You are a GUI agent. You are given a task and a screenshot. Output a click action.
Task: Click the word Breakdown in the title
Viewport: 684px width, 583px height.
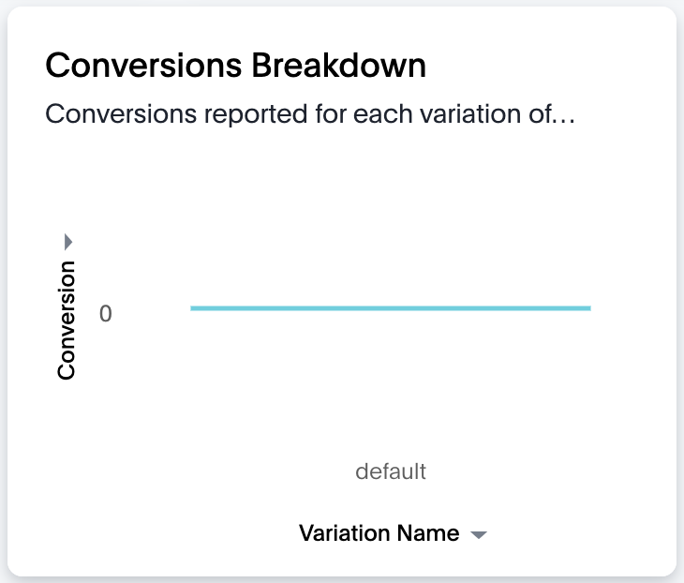(338, 66)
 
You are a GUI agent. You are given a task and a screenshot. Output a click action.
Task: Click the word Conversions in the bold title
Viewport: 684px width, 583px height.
(143, 66)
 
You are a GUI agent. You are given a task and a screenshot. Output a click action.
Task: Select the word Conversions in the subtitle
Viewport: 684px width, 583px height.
(121, 114)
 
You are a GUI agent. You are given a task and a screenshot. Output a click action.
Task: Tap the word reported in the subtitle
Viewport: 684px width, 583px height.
(256, 114)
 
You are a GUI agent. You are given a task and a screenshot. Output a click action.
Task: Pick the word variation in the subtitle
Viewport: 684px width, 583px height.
(470, 114)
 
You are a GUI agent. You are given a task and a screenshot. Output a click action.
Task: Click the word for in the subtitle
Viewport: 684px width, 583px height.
(330, 114)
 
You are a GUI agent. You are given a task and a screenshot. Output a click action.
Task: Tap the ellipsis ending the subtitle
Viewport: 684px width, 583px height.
(563, 121)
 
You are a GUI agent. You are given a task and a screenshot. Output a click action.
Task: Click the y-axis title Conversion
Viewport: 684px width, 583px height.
(67, 321)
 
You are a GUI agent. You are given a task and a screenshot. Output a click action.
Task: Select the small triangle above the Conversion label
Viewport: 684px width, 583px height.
(68, 242)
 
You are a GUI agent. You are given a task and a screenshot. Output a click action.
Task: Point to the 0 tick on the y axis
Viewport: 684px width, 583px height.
(106, 313)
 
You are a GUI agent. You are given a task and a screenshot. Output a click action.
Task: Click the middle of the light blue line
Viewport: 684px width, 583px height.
(391, 308)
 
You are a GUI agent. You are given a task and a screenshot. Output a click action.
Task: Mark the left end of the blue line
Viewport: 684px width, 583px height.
(190, 308)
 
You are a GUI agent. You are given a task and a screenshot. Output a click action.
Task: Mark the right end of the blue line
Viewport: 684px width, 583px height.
(590, 308)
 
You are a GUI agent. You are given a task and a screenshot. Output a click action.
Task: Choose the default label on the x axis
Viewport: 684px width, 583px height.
(391, 471)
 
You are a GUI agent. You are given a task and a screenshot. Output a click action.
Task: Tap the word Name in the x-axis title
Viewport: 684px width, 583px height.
(428, 533)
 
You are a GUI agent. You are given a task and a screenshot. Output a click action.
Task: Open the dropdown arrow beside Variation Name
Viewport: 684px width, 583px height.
(479, 535)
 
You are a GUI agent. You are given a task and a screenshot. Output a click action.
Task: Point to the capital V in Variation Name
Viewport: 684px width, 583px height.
(307, 533)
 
